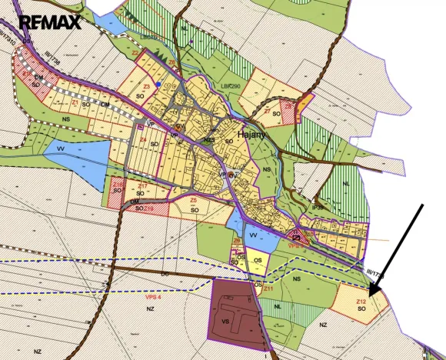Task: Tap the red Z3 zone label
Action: [x=145, y=88]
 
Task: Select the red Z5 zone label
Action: [x=194, y=200]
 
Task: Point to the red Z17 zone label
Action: [x=143, y=186]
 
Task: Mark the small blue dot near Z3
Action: [x=158, y=84]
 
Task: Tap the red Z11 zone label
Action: [x=268, y=287]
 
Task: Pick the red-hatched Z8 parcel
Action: [x=288, y=112]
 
